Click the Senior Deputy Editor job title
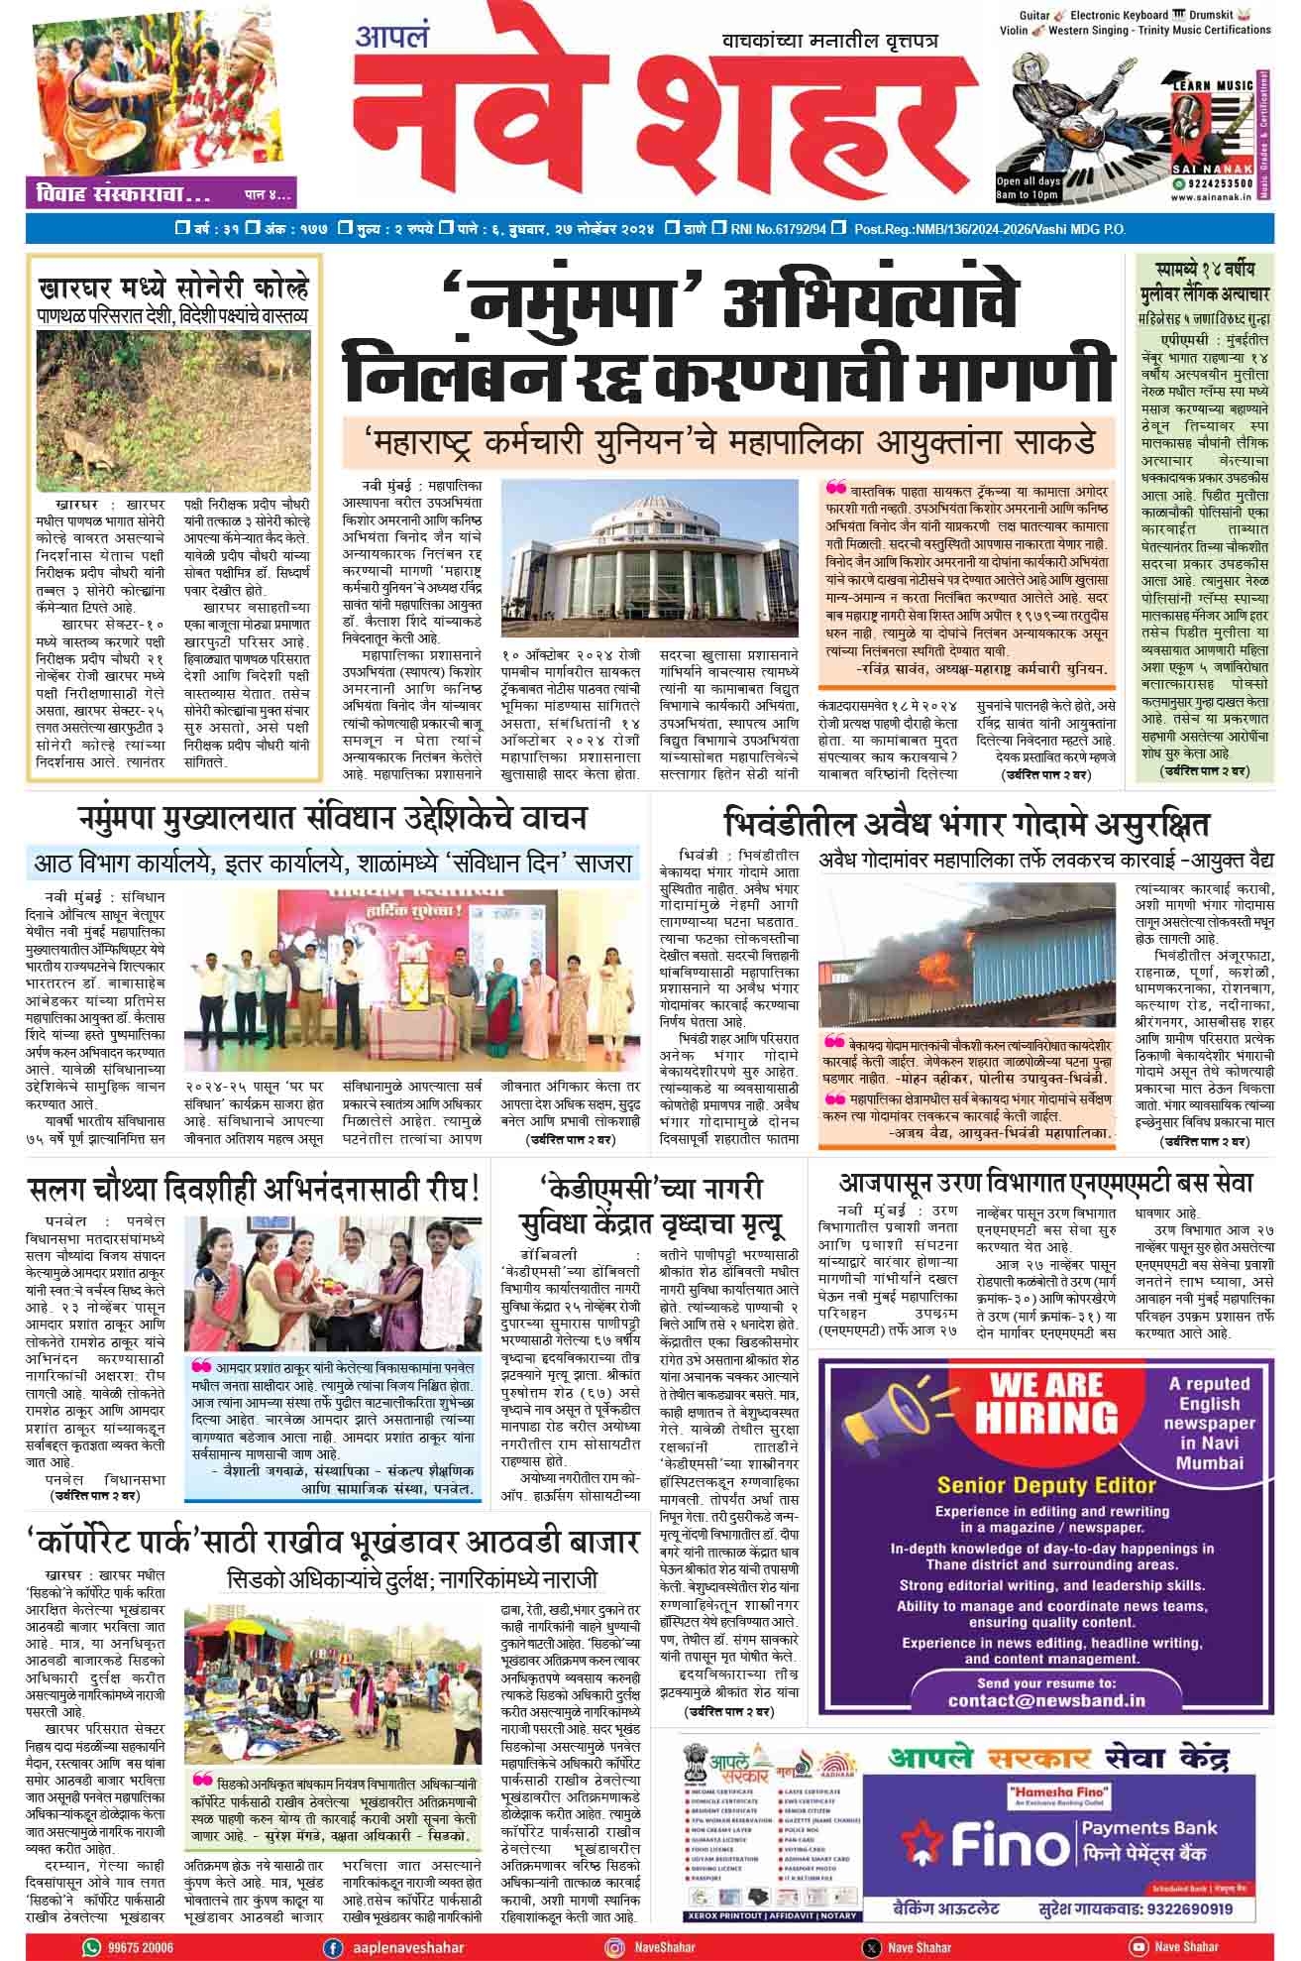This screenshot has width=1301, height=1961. tap(1046, 1484)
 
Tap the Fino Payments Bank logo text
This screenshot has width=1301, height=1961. tap(1001, 1842)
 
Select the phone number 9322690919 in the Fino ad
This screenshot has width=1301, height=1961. tap(1187, 1908)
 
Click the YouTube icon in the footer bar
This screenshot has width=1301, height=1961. tap(1138, 1947)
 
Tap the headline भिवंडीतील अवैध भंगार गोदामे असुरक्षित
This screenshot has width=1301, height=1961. tap(965, 824)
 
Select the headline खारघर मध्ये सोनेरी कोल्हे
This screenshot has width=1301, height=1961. tap(173, 289)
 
